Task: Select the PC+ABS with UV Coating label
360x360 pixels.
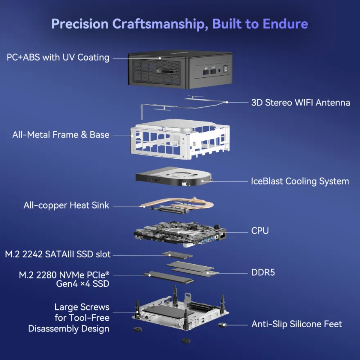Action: pyautogui.click(x=58, y=57)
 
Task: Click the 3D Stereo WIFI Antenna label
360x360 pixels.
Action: pyautogui.click(x=301, y=102)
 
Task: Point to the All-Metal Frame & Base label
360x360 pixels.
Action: pyautogui.click(x=61, y=135)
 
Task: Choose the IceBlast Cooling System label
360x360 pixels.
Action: pyautogui.click(x=300, y=181)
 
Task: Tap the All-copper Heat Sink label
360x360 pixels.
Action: pyautogui.click(x=66, y=205)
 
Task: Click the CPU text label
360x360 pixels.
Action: pyautogui.click(x=260, y=231)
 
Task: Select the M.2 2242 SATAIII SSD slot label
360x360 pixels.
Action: pyautogui.click(x=58, y=254)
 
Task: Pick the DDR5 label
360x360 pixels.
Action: pyautogui.click(x=263, y=272)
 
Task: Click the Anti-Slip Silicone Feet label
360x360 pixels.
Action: pyautogui.click(x=297, y=324)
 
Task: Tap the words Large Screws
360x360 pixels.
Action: pyautogui.click(x=82, y=307)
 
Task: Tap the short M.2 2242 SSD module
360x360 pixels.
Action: pyautogui.click(x=177, y=254)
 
